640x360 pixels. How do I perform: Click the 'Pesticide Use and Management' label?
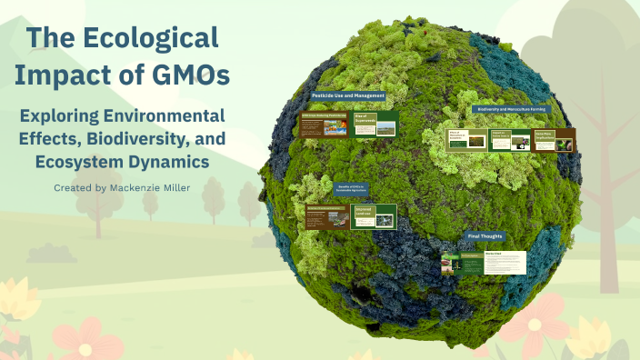[348, 95]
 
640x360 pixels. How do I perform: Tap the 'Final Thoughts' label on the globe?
[484, 236]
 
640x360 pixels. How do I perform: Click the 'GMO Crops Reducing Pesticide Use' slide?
[324, 125]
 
